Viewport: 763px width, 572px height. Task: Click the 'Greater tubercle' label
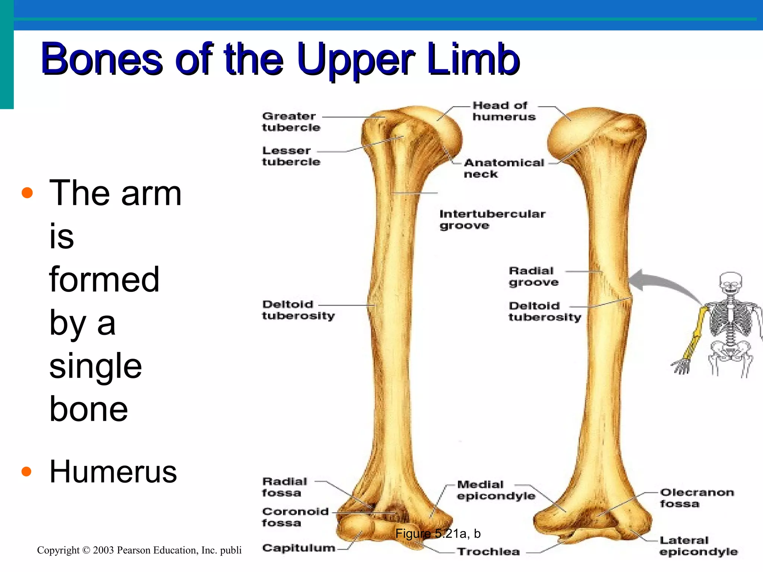click(x=291, y=122)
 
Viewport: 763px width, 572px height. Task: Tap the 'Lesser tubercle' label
click(x=291, y=156)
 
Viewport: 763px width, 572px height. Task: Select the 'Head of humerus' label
click(x=503, y=111)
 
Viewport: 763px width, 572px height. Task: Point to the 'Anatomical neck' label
click(x=503, y=168)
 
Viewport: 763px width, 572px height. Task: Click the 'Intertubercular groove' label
click(x=492, y=220)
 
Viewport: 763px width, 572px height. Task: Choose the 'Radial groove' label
click(x=533, y=276)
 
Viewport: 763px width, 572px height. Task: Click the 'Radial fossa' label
click(x=284, y=487)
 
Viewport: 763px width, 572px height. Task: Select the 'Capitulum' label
click(x=298, y=548)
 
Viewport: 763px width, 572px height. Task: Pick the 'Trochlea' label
click(x=488, y=552)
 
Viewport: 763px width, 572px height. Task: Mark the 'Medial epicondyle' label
click(x=496, y=490)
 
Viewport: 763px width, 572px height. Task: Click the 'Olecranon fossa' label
click(x=696, y=498)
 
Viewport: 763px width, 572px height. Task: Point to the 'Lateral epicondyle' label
click(x=698, y=546)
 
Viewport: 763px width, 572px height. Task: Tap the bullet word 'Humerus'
click(x=113, y=472)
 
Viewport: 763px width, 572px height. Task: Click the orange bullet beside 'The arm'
click(x=27, y=193)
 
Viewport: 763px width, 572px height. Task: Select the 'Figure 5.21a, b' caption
click(x=438, y=534)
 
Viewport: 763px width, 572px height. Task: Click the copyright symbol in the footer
click(x=86, y=550)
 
